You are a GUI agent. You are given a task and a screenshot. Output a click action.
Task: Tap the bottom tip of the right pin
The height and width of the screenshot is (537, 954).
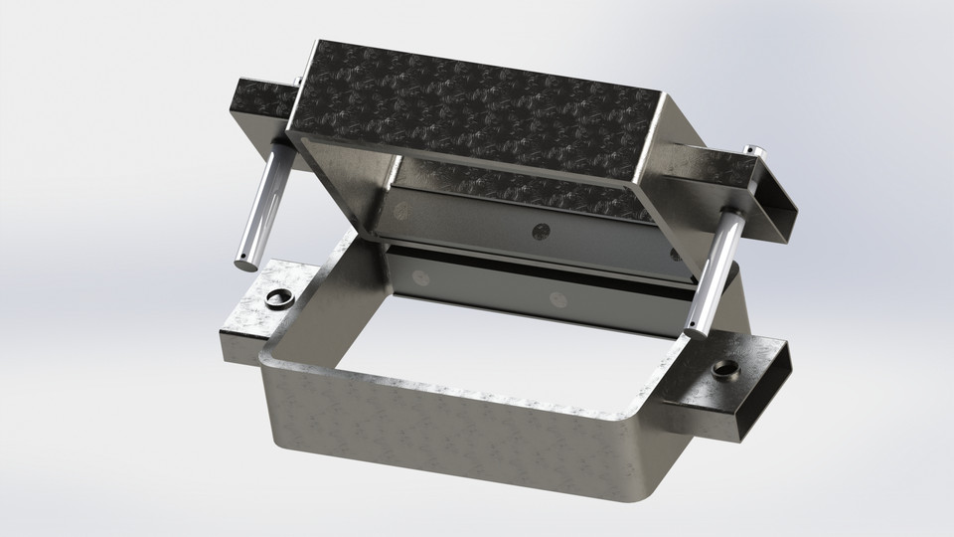[x=698, y=331]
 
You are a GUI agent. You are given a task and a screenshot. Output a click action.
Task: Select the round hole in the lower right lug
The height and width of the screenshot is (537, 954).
[x=723, y=372]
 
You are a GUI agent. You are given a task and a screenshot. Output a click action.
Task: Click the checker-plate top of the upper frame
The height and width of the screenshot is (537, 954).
[x=477, y=109]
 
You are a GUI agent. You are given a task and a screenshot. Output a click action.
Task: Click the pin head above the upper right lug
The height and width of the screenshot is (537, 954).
[x=752, y=150]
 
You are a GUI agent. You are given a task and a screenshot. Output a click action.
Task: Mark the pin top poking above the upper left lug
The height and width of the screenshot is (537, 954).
[x=296, y=80]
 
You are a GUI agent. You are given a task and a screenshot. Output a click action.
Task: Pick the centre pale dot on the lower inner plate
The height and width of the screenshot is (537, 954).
[x=556, y=298]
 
